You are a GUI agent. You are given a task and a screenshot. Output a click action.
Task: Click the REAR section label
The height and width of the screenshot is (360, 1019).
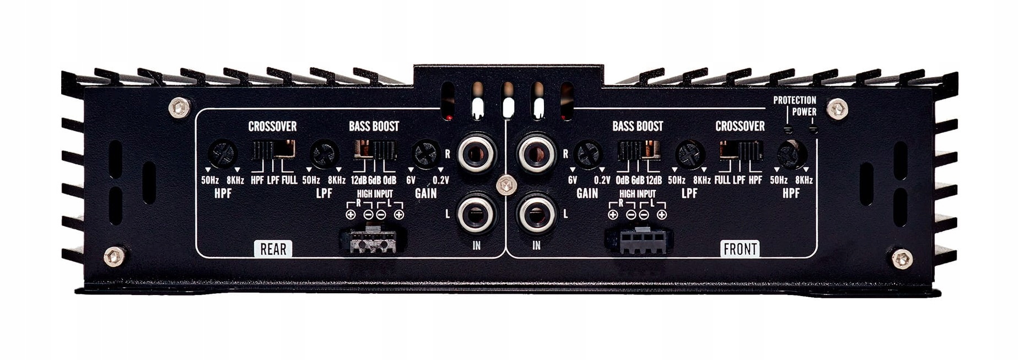click(273, 249)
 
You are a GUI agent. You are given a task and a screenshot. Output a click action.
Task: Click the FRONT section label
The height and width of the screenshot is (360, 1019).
click(740, 249)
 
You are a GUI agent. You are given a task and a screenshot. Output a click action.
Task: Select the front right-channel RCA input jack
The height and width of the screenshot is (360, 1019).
click(536, 154)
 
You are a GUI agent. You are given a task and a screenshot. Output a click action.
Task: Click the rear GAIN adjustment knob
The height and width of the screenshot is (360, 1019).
click(426, 154)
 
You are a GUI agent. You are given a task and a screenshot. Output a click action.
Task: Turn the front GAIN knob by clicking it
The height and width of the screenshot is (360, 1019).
click(587, 154)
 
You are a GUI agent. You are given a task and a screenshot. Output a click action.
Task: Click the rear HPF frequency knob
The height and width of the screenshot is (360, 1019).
click(223, 154)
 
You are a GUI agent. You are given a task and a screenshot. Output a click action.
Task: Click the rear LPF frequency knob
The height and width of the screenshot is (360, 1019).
click(324, 154)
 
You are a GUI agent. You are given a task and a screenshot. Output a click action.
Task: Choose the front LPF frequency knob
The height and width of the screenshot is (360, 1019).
click(689, 154)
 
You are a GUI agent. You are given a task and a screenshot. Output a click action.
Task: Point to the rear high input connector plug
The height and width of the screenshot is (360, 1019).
click(373, 240)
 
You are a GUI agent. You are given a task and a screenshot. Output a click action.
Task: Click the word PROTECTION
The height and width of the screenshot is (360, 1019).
click(794, 100)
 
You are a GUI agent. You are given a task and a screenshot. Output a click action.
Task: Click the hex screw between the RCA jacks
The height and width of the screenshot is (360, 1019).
click(504, 185)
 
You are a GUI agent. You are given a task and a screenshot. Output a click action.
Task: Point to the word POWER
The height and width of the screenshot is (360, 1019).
click(804, 112)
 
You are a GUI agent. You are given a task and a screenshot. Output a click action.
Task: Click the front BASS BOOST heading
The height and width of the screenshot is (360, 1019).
click(638, 126)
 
